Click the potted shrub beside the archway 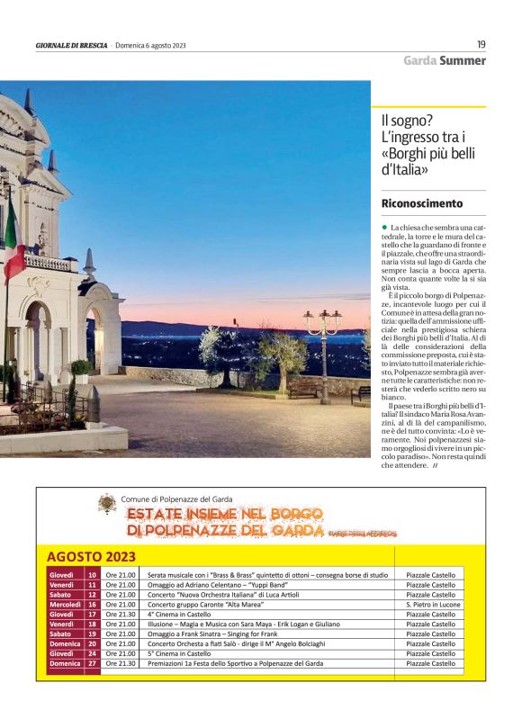81,368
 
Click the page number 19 481,44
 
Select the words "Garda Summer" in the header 444,61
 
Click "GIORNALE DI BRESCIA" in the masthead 72,45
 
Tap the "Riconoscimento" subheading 422,203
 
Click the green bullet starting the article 384,228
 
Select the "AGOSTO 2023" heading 91,556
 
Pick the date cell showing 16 92,604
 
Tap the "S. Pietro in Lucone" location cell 434,604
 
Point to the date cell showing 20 92,643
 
